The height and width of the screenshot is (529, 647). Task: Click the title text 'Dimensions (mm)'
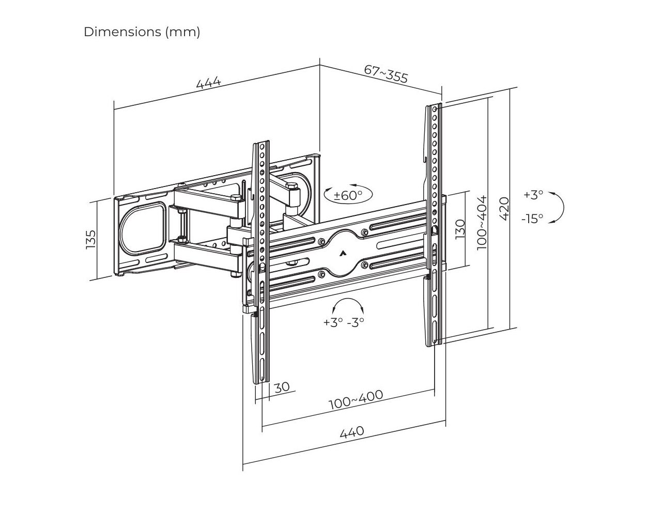(142, 32)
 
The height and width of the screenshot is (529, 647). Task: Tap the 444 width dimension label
(209, 83)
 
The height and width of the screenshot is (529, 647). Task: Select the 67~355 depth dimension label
(386, 74)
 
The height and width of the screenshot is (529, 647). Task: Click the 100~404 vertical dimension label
(482, 222)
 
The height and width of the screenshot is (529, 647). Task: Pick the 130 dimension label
(460, 229)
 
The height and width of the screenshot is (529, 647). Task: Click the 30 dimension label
(282, 387)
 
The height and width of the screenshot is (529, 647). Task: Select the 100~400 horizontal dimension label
(356, 400)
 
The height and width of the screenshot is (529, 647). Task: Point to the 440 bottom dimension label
(352, 432)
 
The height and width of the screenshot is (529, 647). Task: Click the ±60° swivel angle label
(348, 195)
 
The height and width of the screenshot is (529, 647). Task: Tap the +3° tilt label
(533, 195)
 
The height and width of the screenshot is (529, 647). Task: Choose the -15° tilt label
(532, 219)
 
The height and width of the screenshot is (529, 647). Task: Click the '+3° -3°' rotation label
(344, 322)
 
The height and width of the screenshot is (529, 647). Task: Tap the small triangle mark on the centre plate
(343, 253)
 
